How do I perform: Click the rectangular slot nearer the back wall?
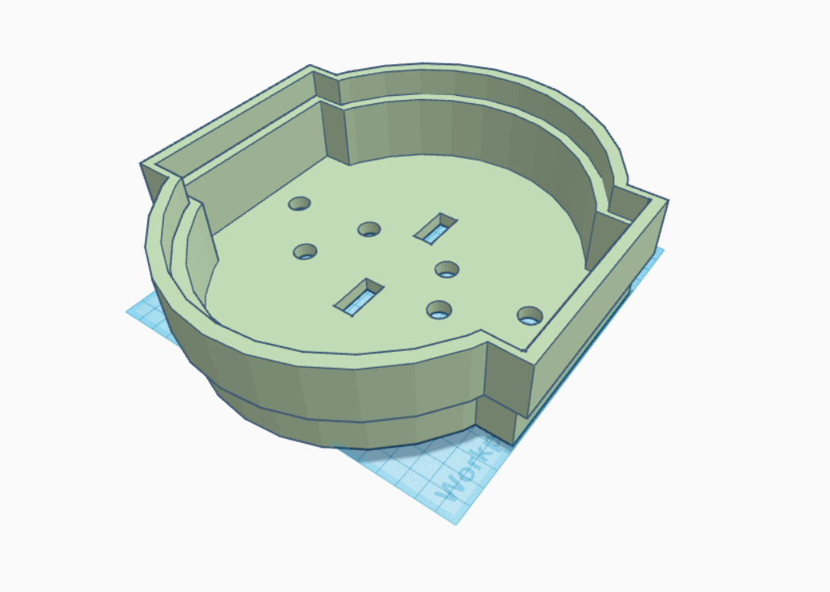[x=436, y=227]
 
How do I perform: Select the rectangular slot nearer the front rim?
[x=359, y=294]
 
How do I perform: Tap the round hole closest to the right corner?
[x=529, y=316]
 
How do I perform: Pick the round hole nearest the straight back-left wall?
[x=299, y=204]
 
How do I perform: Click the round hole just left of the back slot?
[x=369, y=229]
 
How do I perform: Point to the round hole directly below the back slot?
[x=447, y=269]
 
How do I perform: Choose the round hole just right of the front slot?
[x=439, y=310]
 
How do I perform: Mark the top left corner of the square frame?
[x=142, y=164]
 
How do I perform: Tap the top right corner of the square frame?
[x=668, y=200]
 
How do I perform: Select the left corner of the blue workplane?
[x=127, y=311]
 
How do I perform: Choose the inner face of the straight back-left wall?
[x=253, y=174]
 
